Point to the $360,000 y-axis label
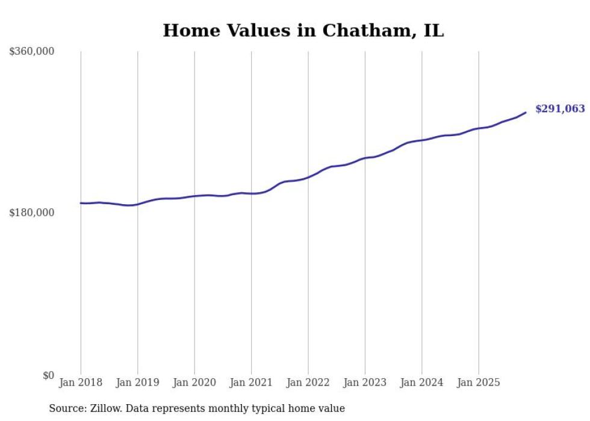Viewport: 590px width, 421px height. tap(31, 52)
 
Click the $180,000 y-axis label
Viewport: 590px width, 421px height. tap(31, 213)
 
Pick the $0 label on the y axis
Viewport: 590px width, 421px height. tap(48, 375)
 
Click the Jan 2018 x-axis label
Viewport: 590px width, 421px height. tap(81, 382)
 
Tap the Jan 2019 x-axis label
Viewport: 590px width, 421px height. tap(138, 382)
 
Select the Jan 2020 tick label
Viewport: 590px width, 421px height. tap(194, 382)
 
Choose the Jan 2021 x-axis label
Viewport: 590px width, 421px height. tap(251, 382)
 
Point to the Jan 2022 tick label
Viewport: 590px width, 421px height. tap(308, 382)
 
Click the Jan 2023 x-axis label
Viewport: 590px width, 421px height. tap(365, 382)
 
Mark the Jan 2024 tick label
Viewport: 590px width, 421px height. tap(422, 382)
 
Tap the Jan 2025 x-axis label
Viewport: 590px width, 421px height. tap(479, 382)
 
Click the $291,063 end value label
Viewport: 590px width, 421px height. tap(560, 109)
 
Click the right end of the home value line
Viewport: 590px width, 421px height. tap(526, 112)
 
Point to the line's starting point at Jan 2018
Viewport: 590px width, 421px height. tap(81, 203)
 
